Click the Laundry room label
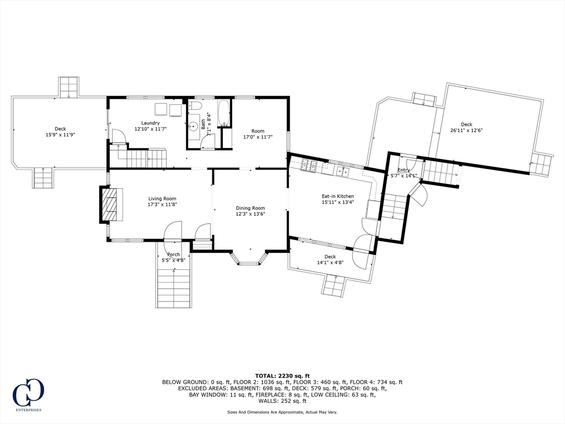(150, 123)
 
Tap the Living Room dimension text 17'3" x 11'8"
(163, 204)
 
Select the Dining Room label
(250, 208)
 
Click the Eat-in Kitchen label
(338, 197)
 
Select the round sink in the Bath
(194, 126)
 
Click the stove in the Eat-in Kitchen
(309, 165)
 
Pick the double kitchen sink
(342, 172)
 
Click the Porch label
(174, 255)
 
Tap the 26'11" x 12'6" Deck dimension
(467, 130)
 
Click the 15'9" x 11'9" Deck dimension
(60, 135)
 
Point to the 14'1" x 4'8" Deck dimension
(330, 262)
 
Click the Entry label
(403, 170)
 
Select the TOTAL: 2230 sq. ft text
(282, 375)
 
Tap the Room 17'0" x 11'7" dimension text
(258, 137)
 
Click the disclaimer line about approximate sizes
(282, 412)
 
